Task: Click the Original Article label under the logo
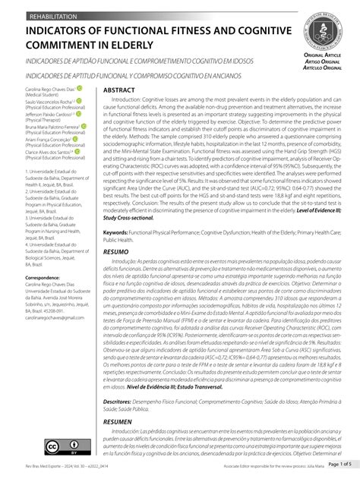322,56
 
